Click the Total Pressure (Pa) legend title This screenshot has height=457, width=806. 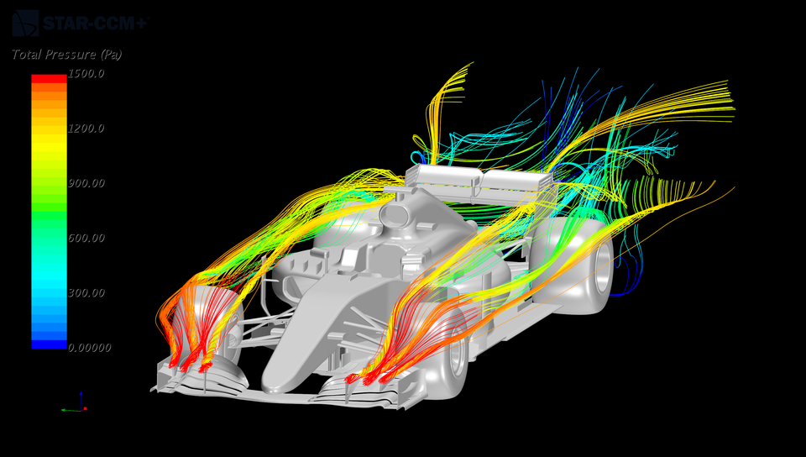[x=67, y=55]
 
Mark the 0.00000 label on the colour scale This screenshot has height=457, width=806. [x=88, y=347]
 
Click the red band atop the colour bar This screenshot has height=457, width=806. [x=49, y=78]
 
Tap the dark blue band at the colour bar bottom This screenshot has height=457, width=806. [x=49, y=344]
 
